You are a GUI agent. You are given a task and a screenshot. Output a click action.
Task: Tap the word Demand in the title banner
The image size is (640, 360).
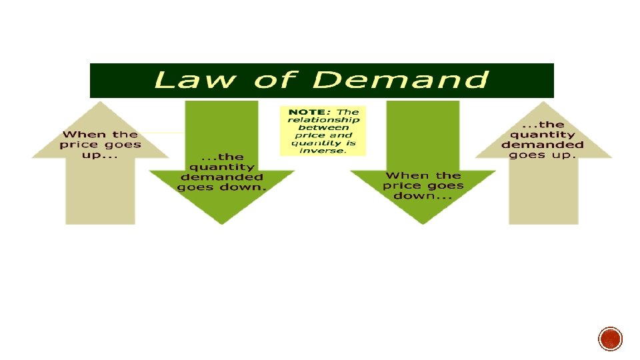click(400, 81)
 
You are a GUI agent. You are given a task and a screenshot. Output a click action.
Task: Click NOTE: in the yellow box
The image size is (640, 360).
click(307, 111)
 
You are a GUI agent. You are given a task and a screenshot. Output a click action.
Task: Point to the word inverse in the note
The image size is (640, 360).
click(323, 151)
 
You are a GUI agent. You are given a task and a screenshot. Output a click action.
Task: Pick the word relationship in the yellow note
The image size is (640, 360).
click(323, 120)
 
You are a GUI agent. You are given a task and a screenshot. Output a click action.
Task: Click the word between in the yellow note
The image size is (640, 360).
click(323, 127)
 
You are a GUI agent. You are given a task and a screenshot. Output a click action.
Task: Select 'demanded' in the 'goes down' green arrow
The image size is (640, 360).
click(222, 177)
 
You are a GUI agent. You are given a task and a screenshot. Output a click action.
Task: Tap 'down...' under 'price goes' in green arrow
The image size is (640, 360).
click(423, 196)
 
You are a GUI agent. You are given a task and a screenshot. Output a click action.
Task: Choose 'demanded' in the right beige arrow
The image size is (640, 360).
click(543, 145)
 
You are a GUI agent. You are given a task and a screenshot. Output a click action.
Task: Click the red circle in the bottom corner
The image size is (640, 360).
click(610, 339)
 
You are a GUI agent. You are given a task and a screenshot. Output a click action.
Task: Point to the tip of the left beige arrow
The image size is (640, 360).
click(100, 103)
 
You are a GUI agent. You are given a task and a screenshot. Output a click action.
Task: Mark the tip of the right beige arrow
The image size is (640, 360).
click(543, 103)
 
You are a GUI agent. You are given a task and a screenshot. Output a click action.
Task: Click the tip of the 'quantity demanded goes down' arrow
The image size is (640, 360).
click(221, 223)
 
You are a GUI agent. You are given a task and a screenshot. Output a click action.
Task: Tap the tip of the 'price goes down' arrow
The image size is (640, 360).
click(423, 223)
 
